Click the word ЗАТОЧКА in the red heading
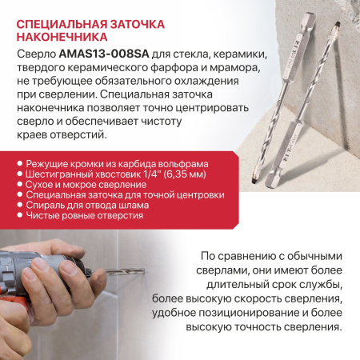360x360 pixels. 138,24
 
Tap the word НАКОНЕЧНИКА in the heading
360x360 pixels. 62,37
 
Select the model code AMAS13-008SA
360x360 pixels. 104,54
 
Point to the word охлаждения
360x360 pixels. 206,81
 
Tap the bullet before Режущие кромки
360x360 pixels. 19,163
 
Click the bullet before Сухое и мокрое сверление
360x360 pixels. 19,184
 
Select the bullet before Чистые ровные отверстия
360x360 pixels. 19,215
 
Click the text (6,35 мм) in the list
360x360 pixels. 184,174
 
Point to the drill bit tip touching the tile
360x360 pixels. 143,271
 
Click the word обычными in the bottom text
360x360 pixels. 314,256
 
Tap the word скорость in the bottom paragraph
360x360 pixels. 258,299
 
